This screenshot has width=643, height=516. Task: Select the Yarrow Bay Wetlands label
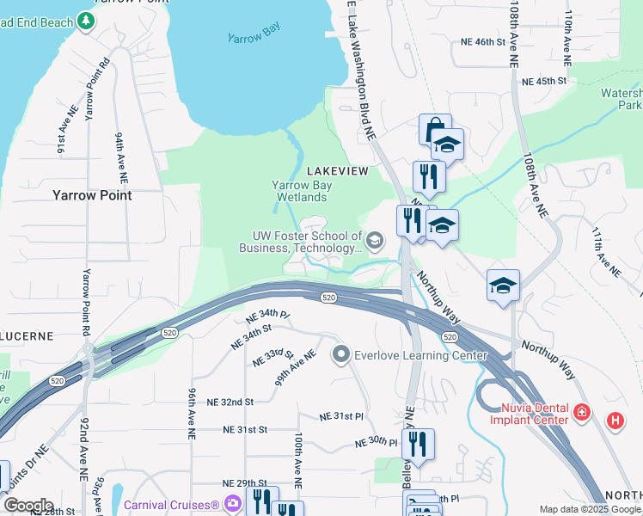[301, 190]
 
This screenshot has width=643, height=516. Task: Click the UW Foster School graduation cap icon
[374, 241]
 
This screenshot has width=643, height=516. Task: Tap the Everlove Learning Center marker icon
[341, 353]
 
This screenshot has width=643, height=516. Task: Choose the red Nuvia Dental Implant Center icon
[582, 413]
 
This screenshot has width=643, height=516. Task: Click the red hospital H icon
[615, 421]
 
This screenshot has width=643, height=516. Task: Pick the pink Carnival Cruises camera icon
[231, 503]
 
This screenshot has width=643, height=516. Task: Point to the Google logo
[28, 506]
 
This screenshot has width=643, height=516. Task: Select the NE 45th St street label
[545, 81]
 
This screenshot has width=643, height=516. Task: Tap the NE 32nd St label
[225, 402]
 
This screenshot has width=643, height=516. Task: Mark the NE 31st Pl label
[341, 415]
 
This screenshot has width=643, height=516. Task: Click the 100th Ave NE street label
[297, 461]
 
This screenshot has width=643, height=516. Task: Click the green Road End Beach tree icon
[86, 20]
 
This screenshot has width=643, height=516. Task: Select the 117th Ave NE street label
[605, 251]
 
